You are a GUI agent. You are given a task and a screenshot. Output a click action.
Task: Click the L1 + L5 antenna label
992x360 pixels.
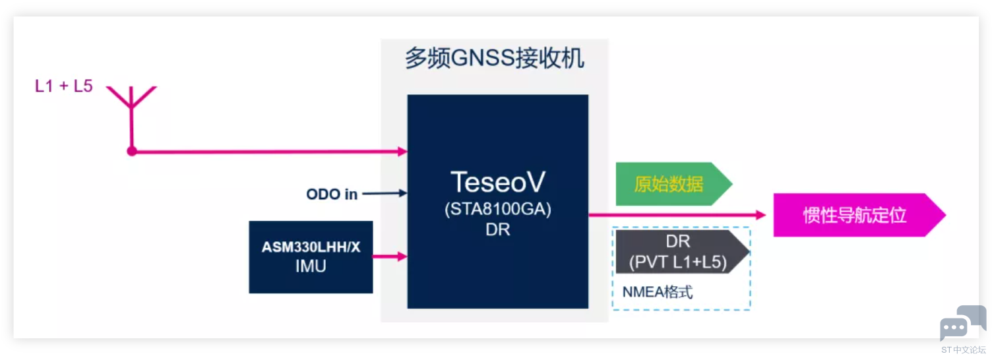click(x=64, y=86)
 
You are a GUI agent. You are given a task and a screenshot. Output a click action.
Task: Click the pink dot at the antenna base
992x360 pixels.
click(x=132, y=151)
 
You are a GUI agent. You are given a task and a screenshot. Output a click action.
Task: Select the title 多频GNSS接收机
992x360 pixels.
click(x=494, y=59)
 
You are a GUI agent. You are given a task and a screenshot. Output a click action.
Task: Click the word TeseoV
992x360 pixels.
click(x=497, y=181)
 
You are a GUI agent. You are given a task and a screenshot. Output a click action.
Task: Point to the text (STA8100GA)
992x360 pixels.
click(x=497, y=210)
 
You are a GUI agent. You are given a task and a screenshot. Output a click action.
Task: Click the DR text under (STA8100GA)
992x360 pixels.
click(x=497, y=231)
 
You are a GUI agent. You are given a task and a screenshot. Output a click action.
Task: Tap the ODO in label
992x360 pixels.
click(x=332, y=194)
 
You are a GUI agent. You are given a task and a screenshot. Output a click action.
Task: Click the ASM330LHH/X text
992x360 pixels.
click(x=311, y=247)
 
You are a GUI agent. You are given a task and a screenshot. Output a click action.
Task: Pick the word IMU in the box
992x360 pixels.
click(x=311, y=266)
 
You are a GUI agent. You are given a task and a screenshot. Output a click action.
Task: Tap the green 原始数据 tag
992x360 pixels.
click(x=669, y=184)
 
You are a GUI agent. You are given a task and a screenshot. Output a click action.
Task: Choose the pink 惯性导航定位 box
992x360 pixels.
click(x=855, y=215)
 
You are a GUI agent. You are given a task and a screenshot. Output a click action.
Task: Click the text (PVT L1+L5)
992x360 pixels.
click(x=677, y=262)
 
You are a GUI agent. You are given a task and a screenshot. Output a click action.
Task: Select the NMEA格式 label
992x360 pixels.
click(x=658, y=292)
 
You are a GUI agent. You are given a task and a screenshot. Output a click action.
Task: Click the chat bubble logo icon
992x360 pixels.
click(x=962, y=322)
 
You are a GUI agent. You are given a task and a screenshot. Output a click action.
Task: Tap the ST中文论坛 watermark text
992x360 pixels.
click(x=963, y=349)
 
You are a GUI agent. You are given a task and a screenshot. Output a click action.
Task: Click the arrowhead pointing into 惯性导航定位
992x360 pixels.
click(x=760, y=215)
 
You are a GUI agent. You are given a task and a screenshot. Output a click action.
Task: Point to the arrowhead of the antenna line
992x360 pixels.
click(x=402, y=151)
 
